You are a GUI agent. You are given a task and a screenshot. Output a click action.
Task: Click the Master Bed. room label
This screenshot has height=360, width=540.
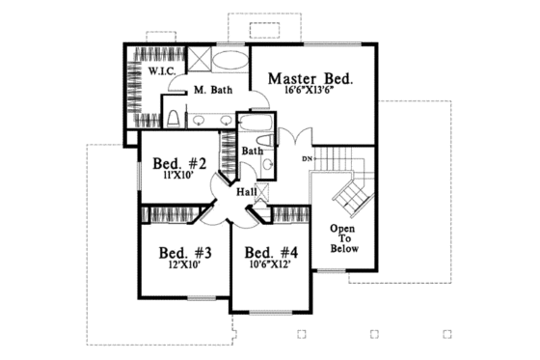point(310,78)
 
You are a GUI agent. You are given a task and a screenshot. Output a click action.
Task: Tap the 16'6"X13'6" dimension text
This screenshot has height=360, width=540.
point(310,95)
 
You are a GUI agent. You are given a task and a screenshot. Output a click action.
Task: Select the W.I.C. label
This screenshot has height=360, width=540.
point(161,71)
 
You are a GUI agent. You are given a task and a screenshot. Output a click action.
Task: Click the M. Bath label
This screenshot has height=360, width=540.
point(210,91)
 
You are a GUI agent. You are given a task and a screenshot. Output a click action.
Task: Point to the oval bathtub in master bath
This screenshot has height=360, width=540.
point(229,60)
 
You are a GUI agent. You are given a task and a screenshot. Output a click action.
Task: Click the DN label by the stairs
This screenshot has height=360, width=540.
point(308,157)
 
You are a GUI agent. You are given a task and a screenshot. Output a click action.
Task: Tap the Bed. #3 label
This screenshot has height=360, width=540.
point(185,255)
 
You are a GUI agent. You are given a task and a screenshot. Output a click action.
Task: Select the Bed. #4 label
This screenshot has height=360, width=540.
point(271,255)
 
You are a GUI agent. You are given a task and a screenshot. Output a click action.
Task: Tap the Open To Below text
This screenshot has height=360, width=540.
point(344,238)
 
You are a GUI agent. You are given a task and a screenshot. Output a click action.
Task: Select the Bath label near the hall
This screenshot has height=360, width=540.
point(252,152)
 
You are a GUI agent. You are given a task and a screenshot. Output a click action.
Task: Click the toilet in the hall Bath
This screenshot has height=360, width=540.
point(268,167)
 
